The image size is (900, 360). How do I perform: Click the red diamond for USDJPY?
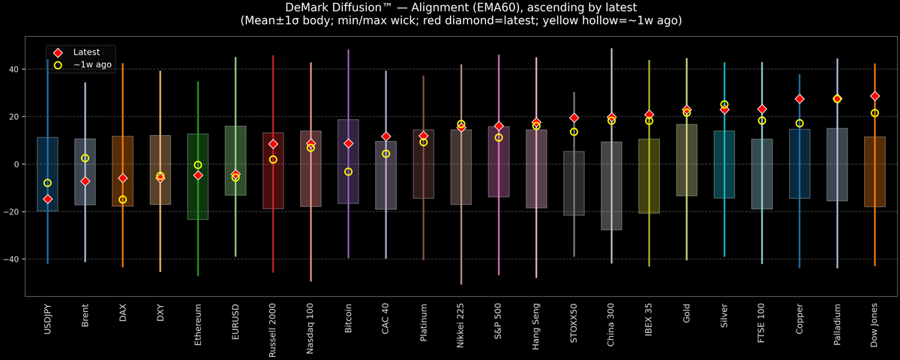(48, 199)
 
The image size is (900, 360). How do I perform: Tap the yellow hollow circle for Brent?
(85, 158)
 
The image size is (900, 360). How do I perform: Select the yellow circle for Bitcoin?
(348, 172)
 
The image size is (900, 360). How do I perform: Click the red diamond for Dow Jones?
(874, 96)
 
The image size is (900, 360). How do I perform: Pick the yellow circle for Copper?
(799, 123)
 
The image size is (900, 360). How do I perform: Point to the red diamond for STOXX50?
(574, 118)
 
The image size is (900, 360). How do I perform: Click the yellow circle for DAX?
(123, 199)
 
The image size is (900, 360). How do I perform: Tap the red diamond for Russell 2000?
(273, 144)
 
